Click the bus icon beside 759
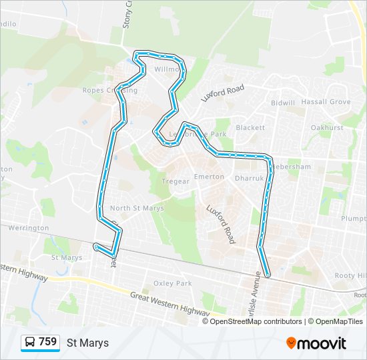(x=31, y=343)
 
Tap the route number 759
(x=48, y=342)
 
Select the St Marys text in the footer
(x=87, y=343)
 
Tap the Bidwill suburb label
(x=283, y=103)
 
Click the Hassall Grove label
(x=326, y=102)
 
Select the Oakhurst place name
(x=327, y=127)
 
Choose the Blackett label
(x=250, y=127)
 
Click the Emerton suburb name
(x=209, y=176)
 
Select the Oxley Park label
(x=173, y=283)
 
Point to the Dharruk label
(x=250, y=178)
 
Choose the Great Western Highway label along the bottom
(x=170, y=302)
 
